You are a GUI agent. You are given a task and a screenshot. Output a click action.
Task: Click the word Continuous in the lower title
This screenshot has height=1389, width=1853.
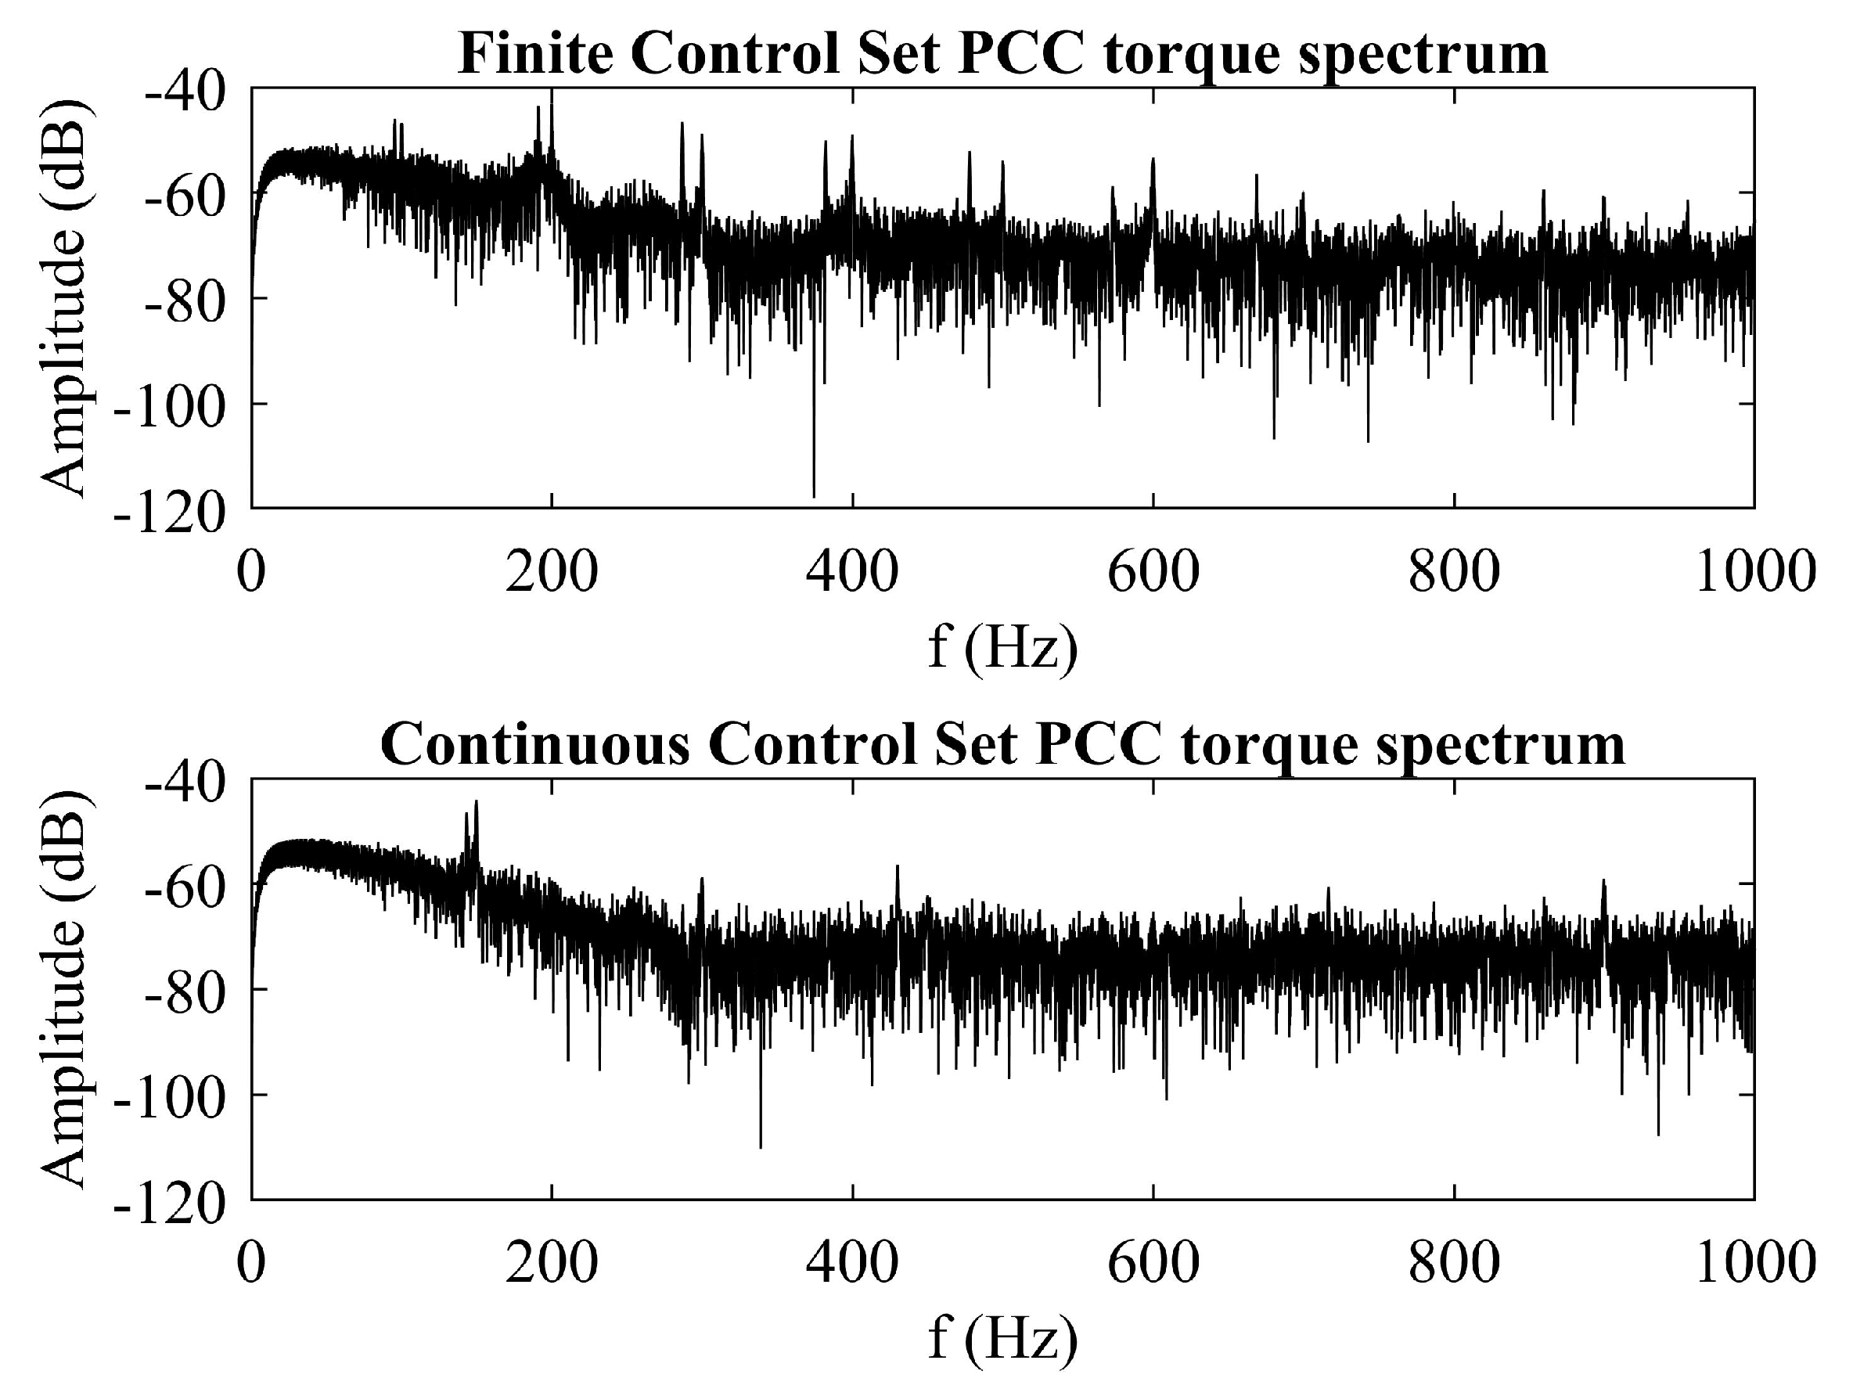[x=536, y=745]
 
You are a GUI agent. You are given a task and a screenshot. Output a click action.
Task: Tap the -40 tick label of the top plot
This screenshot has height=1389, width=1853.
[x=185, y=90]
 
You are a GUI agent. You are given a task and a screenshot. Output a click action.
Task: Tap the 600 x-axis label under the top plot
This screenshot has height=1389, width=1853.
[x=1153, y=573]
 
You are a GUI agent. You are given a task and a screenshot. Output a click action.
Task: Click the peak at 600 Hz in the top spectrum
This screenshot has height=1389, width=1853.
[x=1153, y=159]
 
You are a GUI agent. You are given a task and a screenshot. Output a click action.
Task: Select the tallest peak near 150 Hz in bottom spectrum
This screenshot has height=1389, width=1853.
[x=476, y=803]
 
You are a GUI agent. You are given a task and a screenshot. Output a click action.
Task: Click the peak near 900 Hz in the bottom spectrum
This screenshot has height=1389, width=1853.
[x=1603, y=881]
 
